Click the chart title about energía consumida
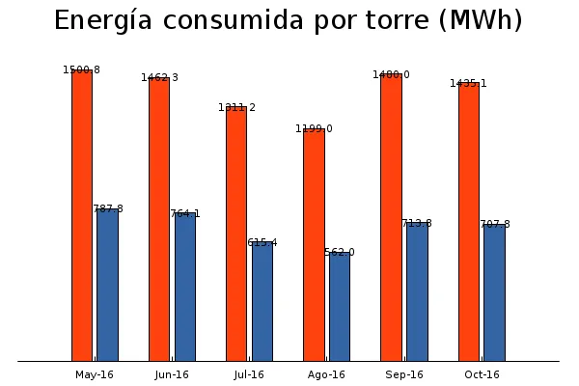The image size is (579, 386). click(x=289, y=20)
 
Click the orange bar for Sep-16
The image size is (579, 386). click(x=391, y=217)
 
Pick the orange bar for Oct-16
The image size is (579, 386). click(x=469, y=221)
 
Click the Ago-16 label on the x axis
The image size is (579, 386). click(x=326, y=374)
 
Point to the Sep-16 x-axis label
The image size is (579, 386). click(x=403, y=374)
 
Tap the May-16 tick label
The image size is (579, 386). click(x=95, y=374)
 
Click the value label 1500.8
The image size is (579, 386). click(x=82, y=69)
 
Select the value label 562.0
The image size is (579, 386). click(x=340, y=252)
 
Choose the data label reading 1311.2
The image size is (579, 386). click(x=236, y=107)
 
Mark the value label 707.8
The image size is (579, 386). click(x=494, y=224)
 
